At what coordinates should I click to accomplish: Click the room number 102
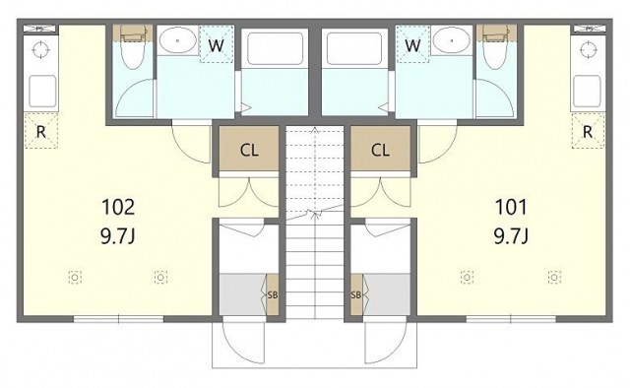coord(118,207)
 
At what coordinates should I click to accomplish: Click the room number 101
coord(511,207)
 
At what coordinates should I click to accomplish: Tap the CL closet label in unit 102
coord(249,151)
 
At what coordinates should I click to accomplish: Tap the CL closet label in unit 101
coord(380,151)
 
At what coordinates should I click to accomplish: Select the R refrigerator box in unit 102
coord(41,131)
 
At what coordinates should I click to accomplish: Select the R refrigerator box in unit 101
coord(588,131)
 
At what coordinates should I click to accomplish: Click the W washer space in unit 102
coord(217,44)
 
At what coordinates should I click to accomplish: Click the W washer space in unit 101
coord(412,44)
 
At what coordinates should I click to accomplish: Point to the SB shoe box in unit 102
coord(273,294)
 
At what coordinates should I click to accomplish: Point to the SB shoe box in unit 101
coord(356,294)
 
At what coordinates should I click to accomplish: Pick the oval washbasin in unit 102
coord(177,40)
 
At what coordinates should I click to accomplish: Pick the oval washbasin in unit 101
coord(452,40)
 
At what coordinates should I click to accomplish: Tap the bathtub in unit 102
coord(275,48)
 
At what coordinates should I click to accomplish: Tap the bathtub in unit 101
coord(354,48)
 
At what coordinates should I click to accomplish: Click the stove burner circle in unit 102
coord(41,50)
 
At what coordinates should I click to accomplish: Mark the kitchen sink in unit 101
coord(587,92)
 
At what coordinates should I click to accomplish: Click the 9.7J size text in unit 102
coord(118,236)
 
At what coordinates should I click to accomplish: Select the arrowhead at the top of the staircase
coord(315,130)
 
